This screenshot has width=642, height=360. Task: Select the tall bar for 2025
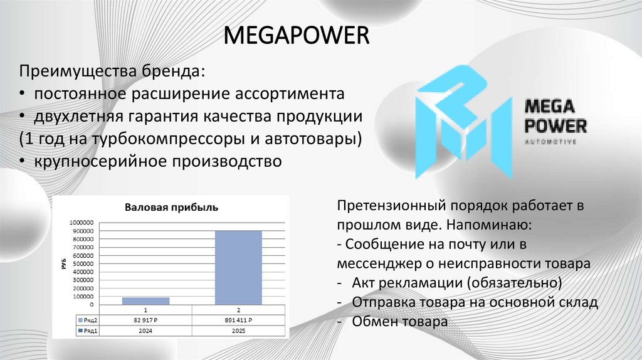click(238, 267)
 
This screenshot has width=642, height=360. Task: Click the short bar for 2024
click(145, 300)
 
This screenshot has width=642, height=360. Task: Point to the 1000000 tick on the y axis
click(82, 223)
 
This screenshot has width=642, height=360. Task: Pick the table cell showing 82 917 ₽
click(145, 320)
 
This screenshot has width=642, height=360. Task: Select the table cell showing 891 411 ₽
click(238, 320)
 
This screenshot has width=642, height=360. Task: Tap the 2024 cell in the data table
click(145, 330)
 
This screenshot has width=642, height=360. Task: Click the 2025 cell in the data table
click(238, 330)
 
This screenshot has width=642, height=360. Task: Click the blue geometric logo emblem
click(461, 120)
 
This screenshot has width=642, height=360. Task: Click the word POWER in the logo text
click(555, 126)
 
